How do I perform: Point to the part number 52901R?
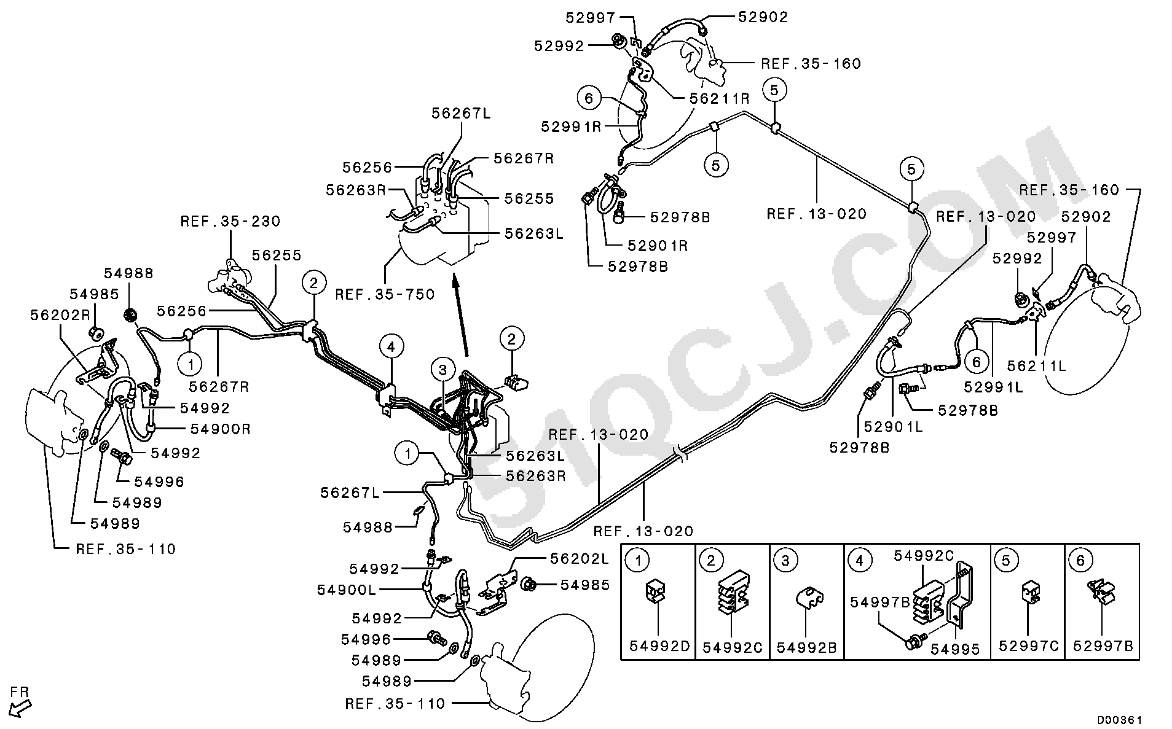(657, 246)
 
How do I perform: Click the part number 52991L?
(993, 387)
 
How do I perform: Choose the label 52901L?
(894, 426)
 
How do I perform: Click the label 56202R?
(60, 314)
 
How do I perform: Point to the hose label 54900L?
(347, 590)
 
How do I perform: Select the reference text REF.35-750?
(385, 294)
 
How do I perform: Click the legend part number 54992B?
(807, 647)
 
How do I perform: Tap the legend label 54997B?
(880, 602)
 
